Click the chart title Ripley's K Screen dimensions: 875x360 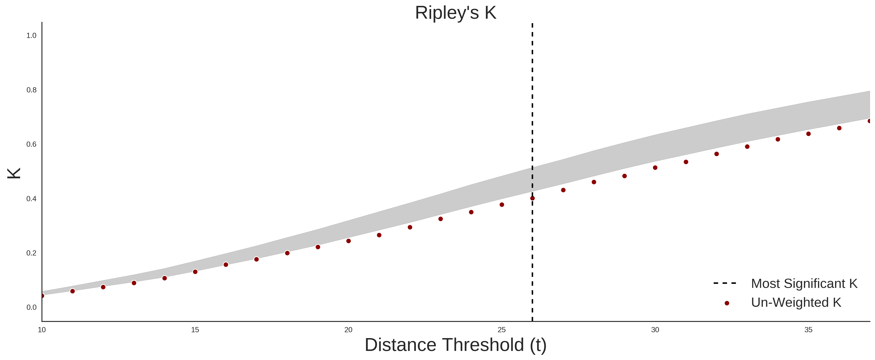pos(455,13)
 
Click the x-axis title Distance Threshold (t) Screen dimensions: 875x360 pos(455,345)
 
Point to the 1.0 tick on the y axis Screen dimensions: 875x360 pos(31,35)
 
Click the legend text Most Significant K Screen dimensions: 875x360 pos(804,283)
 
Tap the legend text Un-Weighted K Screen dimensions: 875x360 pos(796,302)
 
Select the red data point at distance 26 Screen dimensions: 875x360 pos(532,198)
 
